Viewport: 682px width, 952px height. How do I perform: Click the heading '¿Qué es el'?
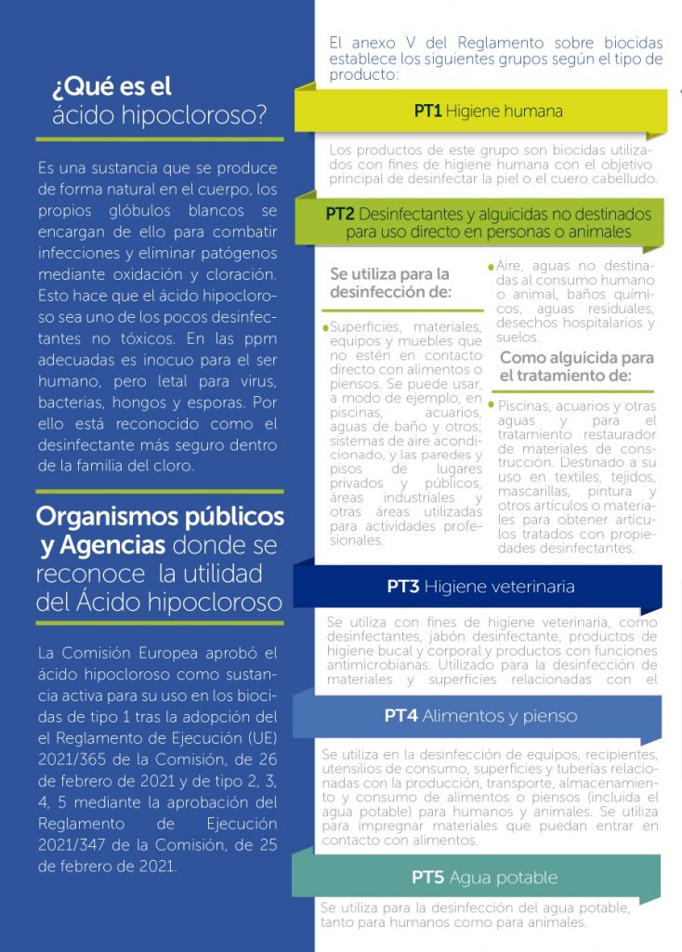(112, 86)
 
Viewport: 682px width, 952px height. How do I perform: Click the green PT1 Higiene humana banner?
(488, 112)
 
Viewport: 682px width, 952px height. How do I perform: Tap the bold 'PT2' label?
(339, 214)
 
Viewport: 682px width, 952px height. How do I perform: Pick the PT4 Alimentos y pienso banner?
(480, 716)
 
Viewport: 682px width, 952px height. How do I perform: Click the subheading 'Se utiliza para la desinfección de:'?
(390, 283)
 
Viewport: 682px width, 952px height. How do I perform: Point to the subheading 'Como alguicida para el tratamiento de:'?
(575, 366)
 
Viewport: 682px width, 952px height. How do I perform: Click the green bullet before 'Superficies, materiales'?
(325, 328)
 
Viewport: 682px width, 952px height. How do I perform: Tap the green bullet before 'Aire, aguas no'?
(491, 267)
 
